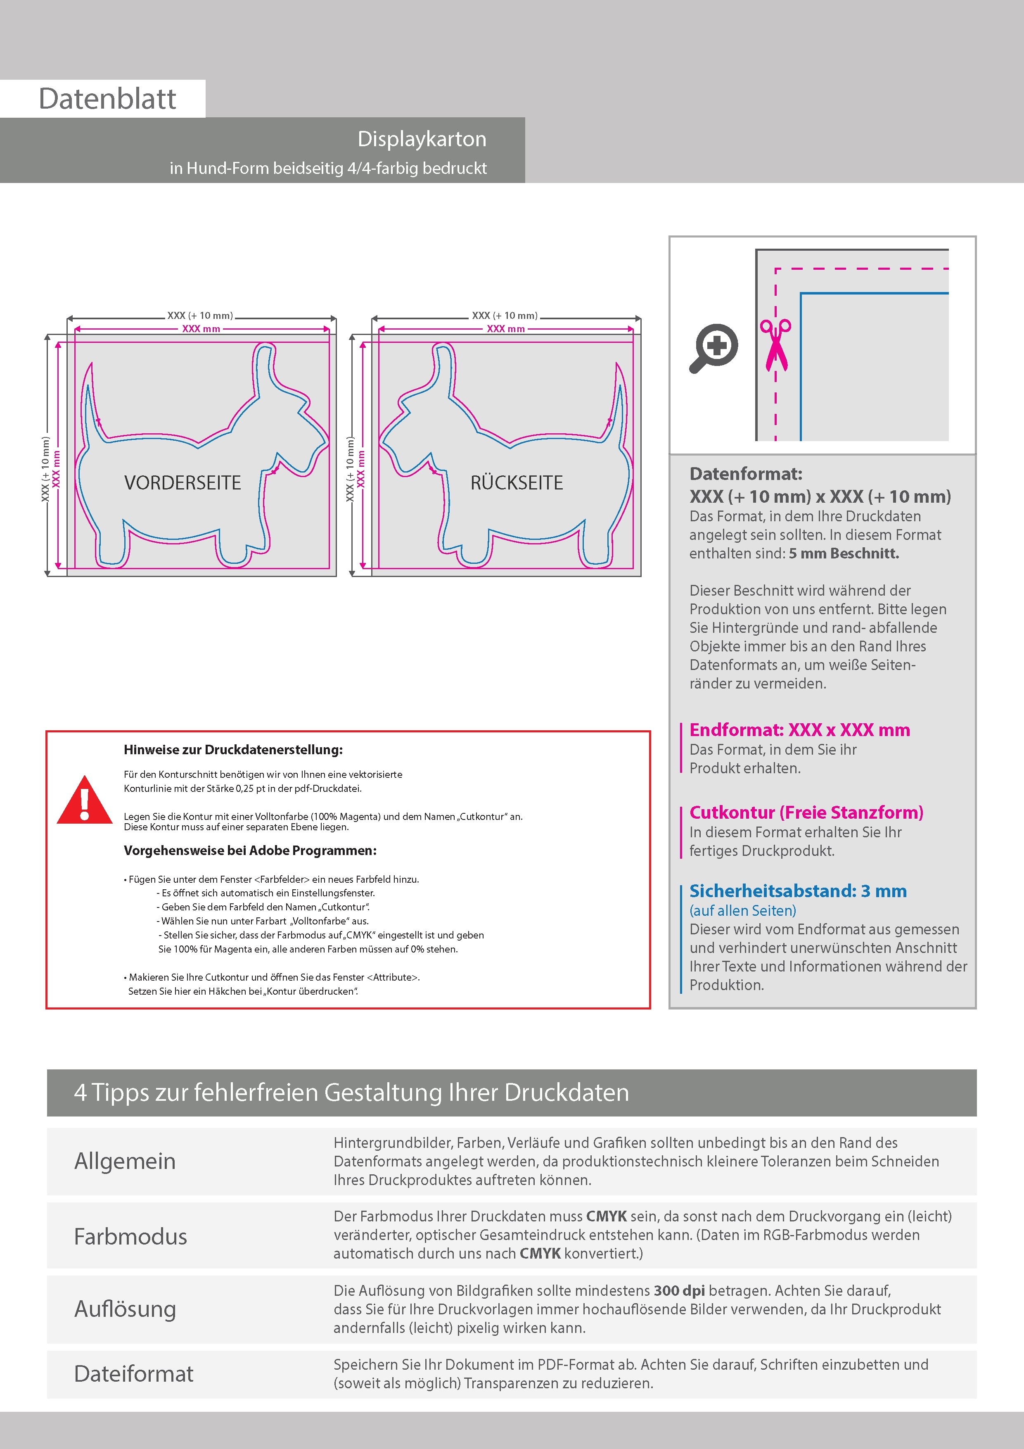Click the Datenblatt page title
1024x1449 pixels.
pos(107,99)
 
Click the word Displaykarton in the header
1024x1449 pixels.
pos(422,139)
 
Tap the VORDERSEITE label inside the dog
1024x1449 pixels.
pos(183,483)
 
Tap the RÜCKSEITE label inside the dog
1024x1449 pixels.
pos(516,483)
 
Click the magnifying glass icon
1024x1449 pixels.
pos(713,348)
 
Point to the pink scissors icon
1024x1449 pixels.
pos(775,344)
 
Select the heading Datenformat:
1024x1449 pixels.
pos(746,474)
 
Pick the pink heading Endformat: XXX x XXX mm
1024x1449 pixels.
pos(799,730)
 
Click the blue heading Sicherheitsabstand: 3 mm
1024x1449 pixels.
pos(797,891)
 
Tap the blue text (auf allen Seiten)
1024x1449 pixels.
pos(742,911)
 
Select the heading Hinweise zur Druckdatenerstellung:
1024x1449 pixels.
pos(233,750)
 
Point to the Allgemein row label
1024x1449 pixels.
pos(125,1161)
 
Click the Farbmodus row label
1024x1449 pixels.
pos(130,1236)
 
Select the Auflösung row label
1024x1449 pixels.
pos(125,1309)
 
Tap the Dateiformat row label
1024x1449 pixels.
pos(134,1374)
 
